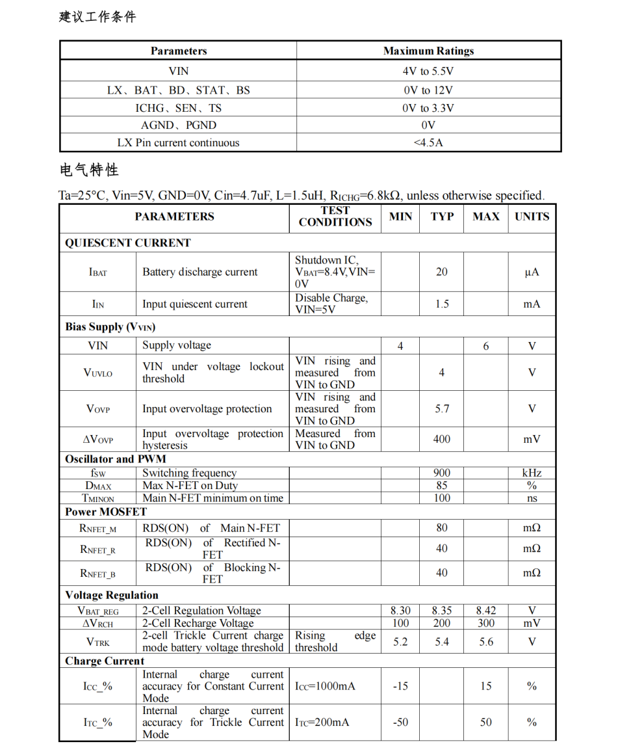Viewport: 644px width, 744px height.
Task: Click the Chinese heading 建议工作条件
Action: (97, 17)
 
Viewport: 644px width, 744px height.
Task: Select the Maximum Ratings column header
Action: (428, 51)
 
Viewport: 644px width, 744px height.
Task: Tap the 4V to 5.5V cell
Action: (428, 71)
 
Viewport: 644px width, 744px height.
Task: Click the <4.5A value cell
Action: (428, 142)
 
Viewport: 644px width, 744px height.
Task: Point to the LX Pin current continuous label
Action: (178, 142)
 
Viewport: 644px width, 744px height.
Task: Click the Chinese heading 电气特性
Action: (89, 170)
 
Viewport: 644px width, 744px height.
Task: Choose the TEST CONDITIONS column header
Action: (335, 216)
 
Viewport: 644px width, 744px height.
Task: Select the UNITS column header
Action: (532, 217)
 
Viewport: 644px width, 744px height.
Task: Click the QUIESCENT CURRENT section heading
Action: (128, 243)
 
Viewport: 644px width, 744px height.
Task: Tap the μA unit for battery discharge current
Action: (532, 272)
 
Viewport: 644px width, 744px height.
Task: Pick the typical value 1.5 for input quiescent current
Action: (442, 304)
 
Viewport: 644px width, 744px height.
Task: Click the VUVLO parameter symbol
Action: (97, 373)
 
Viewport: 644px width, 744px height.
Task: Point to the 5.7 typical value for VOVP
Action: (442, 409)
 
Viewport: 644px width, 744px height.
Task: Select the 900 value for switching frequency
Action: (442, 473)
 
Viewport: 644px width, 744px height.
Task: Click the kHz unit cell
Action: (532, 473)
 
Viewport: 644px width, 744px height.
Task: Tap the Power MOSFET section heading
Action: (106, 511)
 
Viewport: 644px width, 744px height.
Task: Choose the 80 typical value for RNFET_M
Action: (442, 528)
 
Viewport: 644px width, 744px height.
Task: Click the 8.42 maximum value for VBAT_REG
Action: (486, 611)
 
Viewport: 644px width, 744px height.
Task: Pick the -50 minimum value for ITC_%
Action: (400, 723)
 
